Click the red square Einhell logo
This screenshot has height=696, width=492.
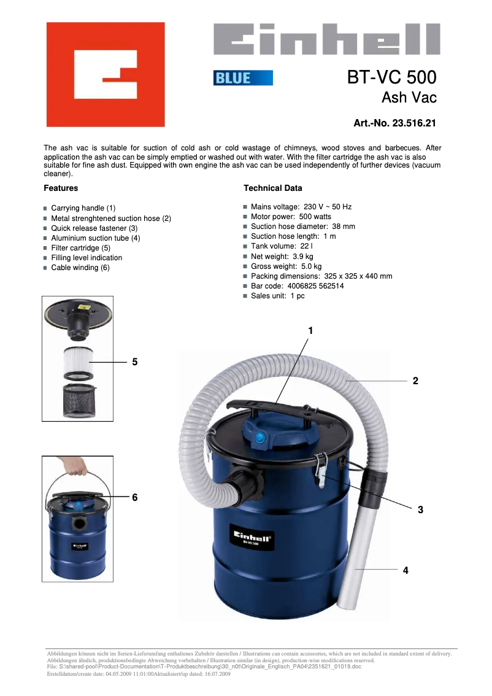point(106,74)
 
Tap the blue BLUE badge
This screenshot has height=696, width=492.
point(243,78)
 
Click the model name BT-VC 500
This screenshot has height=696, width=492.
point(391,77)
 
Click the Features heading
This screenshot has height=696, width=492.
point(61,188)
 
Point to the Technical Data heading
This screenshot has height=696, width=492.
point(272,188)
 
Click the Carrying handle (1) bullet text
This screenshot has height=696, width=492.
point(83,209)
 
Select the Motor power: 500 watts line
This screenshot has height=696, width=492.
point(291,217)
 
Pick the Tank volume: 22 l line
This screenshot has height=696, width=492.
point(282,246)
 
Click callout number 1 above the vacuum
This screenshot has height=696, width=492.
point(310,331)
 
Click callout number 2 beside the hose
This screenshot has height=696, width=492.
point(415,381)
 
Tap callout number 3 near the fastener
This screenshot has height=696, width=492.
point(420,509)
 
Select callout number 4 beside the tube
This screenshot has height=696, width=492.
point(406,570)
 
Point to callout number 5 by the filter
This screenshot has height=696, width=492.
point(134,362)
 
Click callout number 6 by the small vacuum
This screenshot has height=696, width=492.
point(134,497)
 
